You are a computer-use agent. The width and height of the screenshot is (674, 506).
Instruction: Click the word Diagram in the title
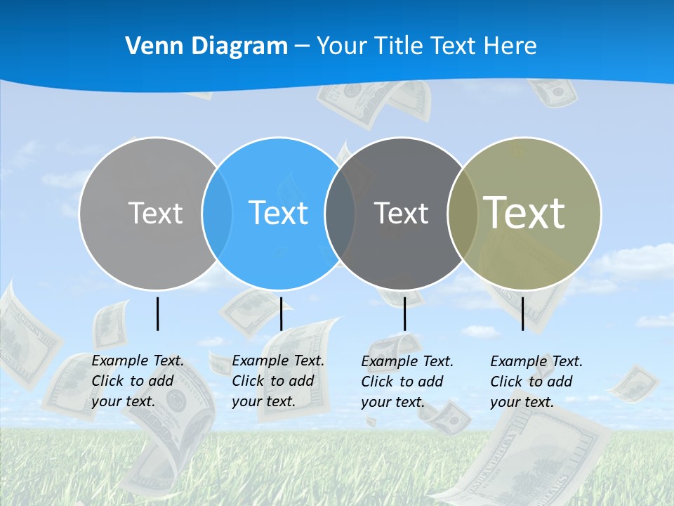(239, 46)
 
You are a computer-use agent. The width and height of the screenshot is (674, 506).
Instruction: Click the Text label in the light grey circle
(155, 213)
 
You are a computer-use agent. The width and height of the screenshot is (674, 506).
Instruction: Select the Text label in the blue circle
(278, 213)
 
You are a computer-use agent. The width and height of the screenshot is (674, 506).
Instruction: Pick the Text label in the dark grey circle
(401, 213)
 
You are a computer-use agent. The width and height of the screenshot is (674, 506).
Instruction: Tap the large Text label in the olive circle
(524, 213)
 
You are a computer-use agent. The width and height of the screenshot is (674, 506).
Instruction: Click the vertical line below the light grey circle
(157, 313)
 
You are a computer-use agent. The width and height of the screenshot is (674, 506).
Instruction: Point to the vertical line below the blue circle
(281, 313)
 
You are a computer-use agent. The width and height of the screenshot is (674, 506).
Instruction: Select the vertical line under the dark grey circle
(404, 313)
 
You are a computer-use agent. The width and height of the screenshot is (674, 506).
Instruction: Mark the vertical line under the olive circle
(522, 313)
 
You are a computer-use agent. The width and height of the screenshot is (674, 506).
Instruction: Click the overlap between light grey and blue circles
(217, 214)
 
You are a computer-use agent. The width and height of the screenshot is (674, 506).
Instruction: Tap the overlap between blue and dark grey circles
(340, 214)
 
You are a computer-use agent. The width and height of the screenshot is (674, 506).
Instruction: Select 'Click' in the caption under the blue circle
(248, 381)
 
